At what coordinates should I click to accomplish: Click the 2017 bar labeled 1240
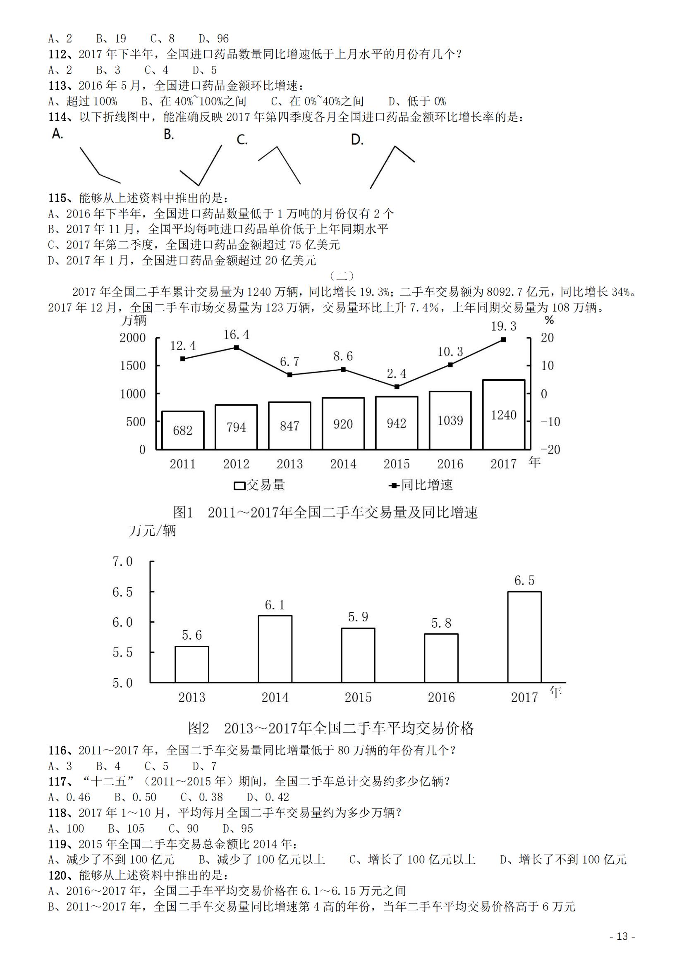(x=503, y=414)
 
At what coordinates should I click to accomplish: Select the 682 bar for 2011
(x=182, y=430)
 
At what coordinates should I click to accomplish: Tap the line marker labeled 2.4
(x=397, y=386)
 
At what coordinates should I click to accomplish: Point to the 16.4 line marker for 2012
(x=236, y=347)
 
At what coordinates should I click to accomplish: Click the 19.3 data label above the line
(x=503, y=326)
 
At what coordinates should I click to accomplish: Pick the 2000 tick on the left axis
(x=132, y=337)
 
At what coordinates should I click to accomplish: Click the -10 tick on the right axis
(x=550, y=422)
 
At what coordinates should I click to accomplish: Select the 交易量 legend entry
(x=259, y=485)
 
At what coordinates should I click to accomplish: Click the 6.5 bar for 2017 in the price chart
(x=524, y=637)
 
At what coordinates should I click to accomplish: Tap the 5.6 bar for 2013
(x=191, y=664)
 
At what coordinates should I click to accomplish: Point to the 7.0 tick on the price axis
(x=122, y=561)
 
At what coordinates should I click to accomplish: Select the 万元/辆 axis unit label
(x=153, y=531)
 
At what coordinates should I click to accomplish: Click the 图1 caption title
(x=325, y=513)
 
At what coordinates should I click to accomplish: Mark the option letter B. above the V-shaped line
(x=168, y=134)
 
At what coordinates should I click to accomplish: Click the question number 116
(x=57, y=750)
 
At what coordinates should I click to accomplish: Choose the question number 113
(x=57, y=86)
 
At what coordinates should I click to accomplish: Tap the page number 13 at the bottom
(x=622, y=936)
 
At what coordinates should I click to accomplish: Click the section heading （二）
(x=342, y=276)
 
